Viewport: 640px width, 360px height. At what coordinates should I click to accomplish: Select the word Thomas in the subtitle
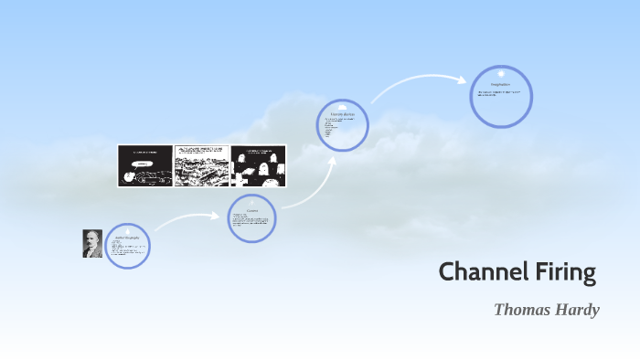pyautogui.click(x=521, y=309)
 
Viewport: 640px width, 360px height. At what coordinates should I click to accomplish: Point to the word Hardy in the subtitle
pyautogui.click(x=576, y=309)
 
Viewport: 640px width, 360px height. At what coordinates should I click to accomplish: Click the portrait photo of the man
pyautogui.click(x=92, y=244)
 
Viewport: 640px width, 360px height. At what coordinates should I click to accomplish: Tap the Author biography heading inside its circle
pyautogui.click(x=127, y=238)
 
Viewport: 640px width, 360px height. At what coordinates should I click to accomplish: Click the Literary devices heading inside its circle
pyautogui.click(x=343, y=113)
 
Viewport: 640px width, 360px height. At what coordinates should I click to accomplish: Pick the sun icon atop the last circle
pyautogui.click(x=501, y=72)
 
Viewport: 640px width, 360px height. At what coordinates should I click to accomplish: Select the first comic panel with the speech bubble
pyautogui.click(x=144, y=165)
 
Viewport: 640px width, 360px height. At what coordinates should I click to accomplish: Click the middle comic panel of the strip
pyautogui.click(x=201, y=165)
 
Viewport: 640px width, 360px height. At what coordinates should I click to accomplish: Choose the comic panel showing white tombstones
pyautogui.click(x=258, y=165)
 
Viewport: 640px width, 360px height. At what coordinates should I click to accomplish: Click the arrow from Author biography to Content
pyautogui.click(x=187, y=219)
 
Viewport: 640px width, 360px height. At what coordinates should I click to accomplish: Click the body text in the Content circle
pyautogui.click(x=251, y=221)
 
